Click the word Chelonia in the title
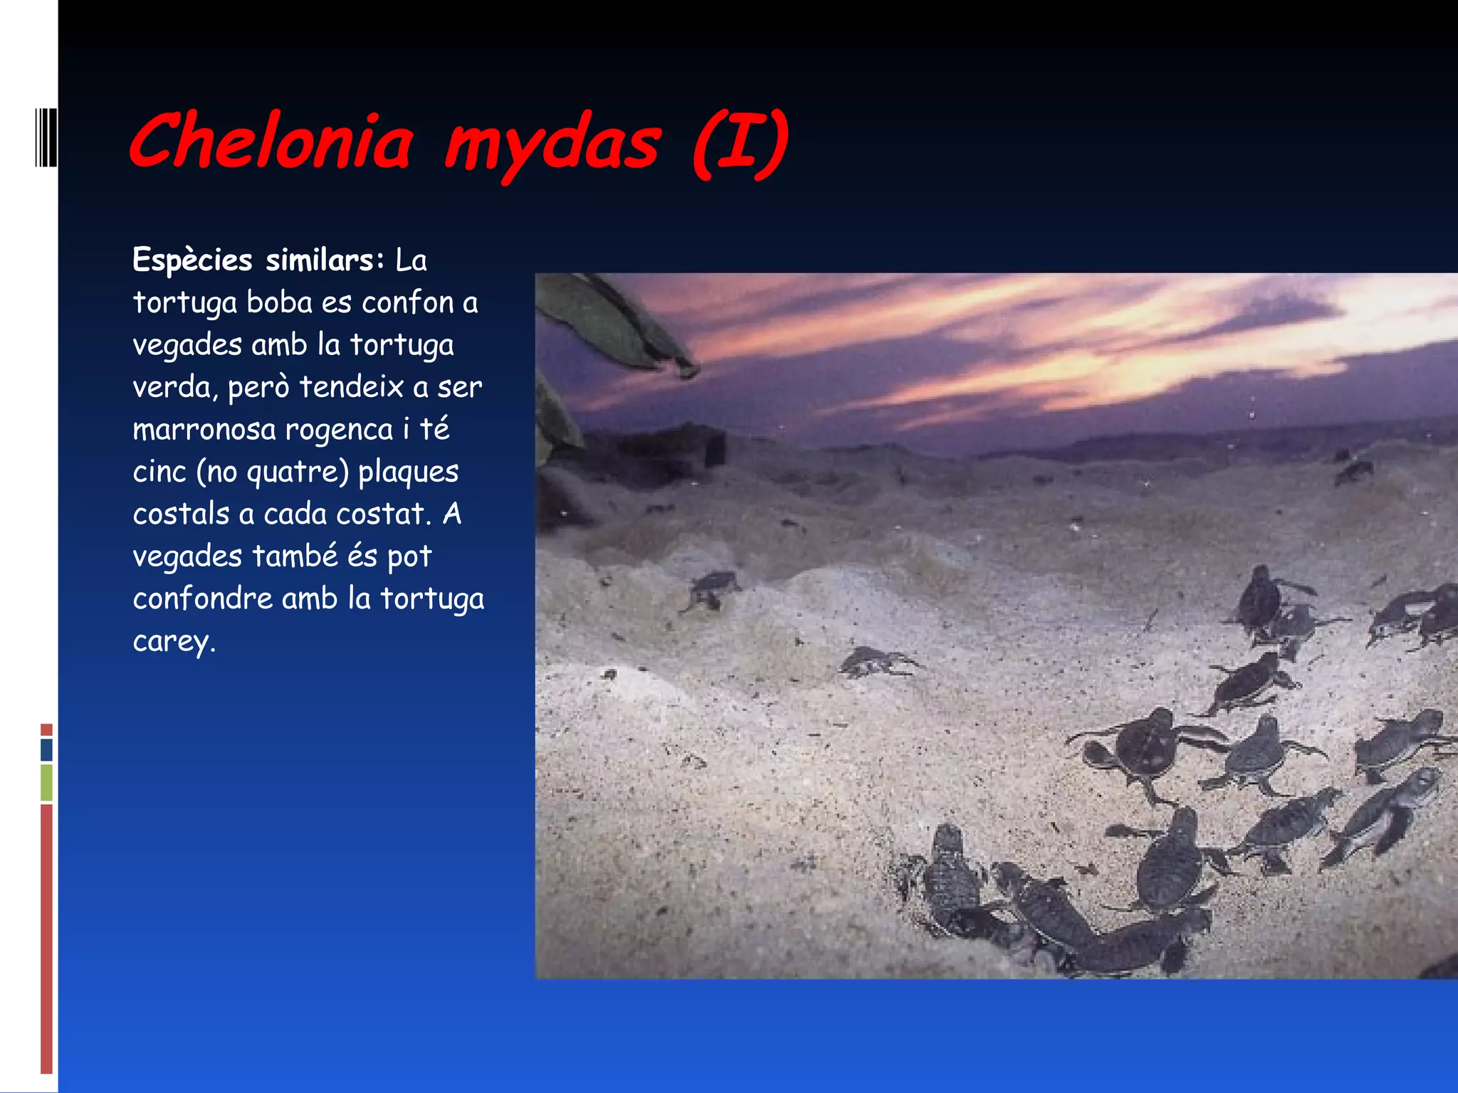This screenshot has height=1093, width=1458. click(x=271, y=142)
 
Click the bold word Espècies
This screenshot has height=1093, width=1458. click(x=192, y=260)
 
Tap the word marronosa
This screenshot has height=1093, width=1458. click(x=204, y=430)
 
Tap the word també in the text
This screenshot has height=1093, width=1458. click(x=295, y=556)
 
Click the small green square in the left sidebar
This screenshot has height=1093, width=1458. click(x=46, y=782)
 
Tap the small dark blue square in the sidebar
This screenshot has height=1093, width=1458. click(x=46, y=749)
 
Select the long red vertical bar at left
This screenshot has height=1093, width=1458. click(x=46, y=939)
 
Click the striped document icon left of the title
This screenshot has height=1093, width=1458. click(x=46, y=137)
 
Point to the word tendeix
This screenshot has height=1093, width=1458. click(x=351, y=388)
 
